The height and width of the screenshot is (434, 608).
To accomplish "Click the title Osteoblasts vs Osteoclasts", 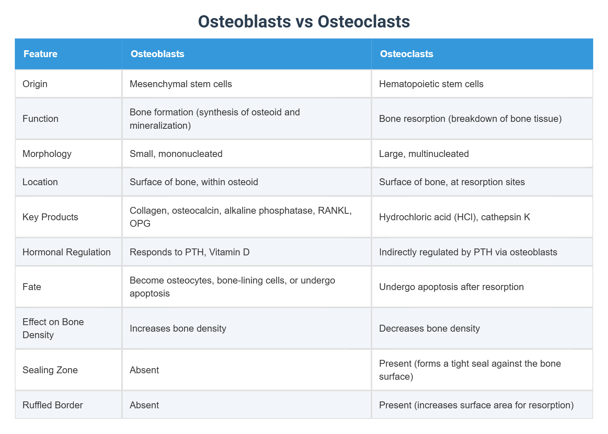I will (304, 22).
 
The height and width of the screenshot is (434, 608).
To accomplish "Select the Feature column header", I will (41, 54).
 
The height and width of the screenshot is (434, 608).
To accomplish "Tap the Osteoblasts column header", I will (157, 54).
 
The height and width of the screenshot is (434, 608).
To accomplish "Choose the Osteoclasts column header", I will (406, 54).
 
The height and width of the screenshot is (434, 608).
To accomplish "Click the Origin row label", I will (35, 84).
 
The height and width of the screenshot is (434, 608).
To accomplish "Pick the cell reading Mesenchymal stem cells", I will (181, 84).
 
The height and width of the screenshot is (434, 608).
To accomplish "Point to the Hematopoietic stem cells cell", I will (431, 84).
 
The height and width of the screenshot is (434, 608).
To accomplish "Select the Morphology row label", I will (47, 154).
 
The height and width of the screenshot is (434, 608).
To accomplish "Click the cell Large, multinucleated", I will (424, 154).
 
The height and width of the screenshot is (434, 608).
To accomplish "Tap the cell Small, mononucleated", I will (176, 154).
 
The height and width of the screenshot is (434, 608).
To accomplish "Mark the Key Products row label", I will (50, 217).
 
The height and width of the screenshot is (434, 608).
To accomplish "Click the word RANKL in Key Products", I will (334, 210).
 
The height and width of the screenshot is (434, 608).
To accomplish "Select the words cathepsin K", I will (505, 217).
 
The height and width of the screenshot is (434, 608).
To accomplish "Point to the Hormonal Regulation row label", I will (67, 252).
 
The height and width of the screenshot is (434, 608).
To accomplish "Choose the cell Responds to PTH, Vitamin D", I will (190, 252).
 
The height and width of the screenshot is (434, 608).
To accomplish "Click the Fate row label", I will (32, 287).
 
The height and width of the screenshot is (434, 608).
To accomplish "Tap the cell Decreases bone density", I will (429, 328).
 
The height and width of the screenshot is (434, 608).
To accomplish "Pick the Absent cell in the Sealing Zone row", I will (144, 370).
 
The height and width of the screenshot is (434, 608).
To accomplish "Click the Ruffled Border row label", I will (53, 405).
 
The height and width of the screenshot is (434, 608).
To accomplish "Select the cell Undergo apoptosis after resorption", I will (451, 287).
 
